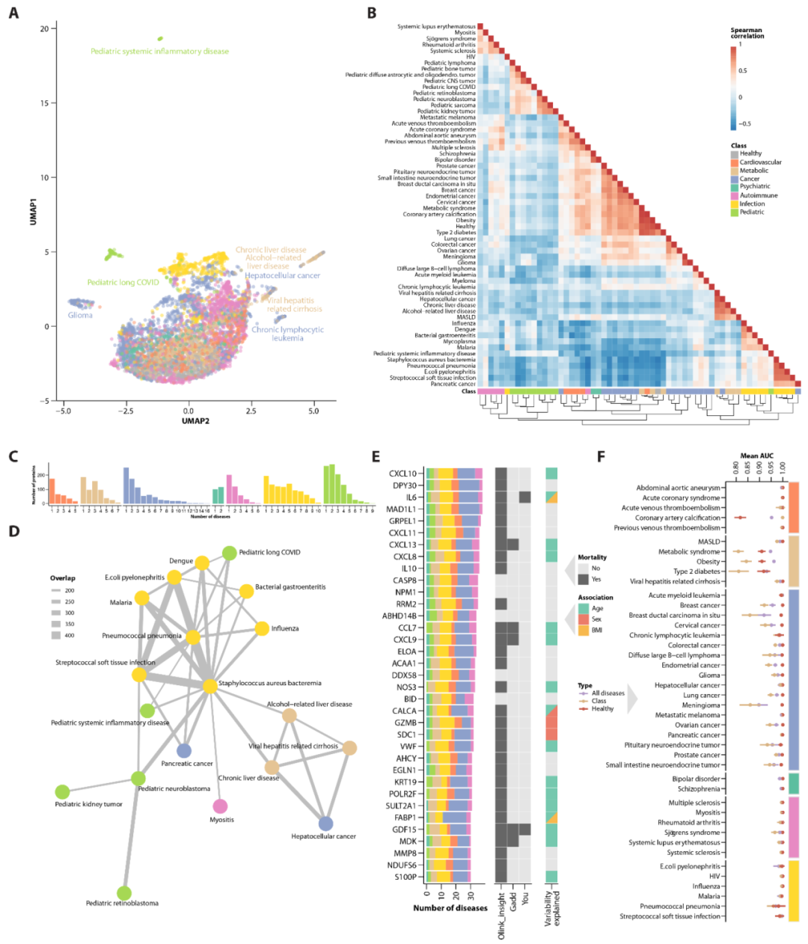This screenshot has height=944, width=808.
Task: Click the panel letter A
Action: point(13,13)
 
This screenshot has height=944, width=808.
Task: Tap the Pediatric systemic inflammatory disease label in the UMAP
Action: point(159,52)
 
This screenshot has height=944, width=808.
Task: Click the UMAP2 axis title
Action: point(195,421)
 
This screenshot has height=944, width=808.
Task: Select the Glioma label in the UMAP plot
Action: point(80,315)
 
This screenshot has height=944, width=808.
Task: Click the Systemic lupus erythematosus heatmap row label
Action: point(436,27)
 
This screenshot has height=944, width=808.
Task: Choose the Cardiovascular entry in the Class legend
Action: point(760,162)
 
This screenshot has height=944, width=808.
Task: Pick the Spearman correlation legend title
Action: point(747,33)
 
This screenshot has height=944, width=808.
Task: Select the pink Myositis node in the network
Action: point(220,806)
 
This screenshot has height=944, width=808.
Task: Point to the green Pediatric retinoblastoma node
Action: point(124,892)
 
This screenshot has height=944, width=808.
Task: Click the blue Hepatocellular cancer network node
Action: point(325,824)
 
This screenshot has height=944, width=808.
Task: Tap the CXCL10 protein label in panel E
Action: point(403,473)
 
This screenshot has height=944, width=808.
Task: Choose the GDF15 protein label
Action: point(404,830)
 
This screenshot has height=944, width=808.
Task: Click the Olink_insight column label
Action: point(501,915)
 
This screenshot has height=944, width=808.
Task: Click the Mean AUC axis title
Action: point(756,456)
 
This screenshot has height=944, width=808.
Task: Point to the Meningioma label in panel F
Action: point(701,705)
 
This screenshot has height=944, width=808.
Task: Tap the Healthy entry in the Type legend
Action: point(602,708)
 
